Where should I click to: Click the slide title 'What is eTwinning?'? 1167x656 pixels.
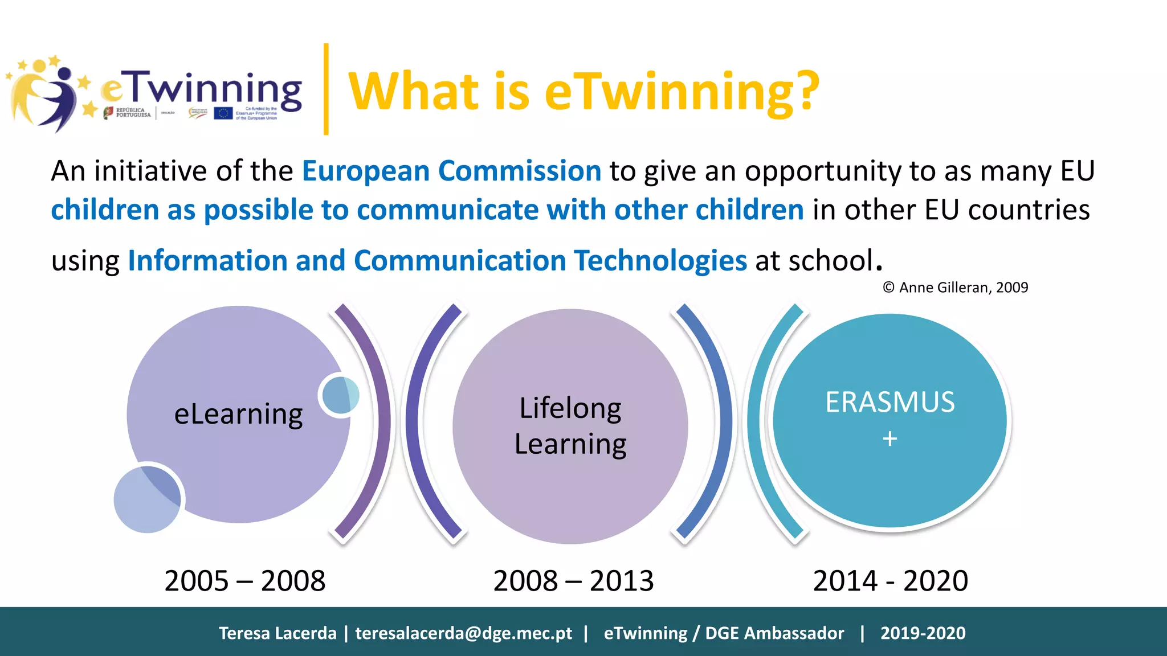click(583, 91)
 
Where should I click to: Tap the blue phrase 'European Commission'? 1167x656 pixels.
click(451, 171)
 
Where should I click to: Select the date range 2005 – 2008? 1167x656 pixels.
click(245, 581)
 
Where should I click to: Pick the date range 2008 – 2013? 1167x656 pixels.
click(573, 581)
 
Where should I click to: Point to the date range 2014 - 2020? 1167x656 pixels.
click(890, 581)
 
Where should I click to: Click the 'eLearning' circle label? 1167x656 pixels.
click(238, 414)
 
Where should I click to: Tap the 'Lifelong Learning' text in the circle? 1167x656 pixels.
click(570, 426)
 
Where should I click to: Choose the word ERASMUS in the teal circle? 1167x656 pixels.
click(890, 402)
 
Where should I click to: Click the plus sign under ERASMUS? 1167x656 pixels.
click(889, 439)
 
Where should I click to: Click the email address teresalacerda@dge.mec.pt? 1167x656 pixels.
click(463, 633)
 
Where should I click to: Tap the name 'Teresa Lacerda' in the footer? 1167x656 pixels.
click(278, 633)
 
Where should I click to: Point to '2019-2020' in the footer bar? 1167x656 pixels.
click(923, 633)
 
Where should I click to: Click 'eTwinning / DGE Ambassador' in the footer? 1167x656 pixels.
click(724, 633)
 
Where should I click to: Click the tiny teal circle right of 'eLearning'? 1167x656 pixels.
click(340, 395)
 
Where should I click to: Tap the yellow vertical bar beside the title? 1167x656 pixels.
click(326, 89)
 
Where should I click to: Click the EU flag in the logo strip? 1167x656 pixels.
click(223, 113)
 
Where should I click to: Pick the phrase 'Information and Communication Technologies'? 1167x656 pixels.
click(437, 261)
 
